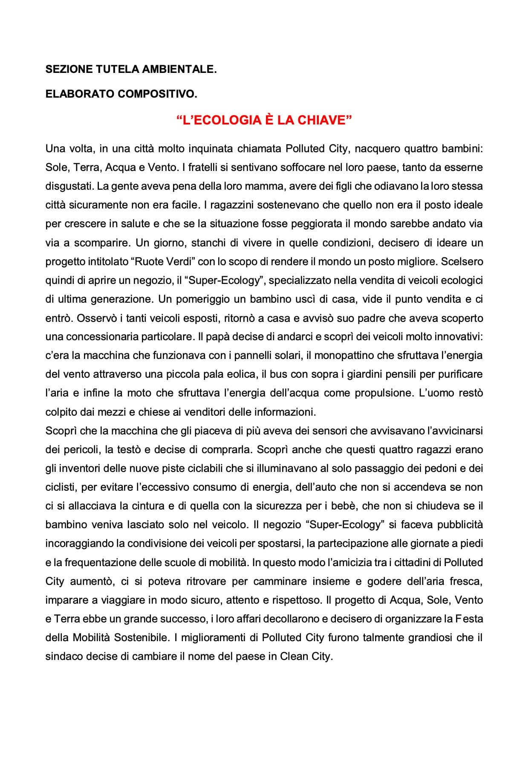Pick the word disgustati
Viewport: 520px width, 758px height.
69,186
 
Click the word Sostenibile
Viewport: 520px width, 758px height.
139,637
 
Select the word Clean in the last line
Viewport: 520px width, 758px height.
294,656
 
